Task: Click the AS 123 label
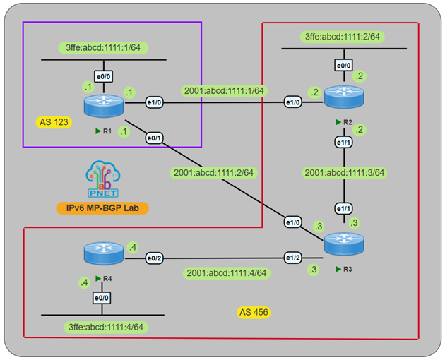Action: pos(54,122)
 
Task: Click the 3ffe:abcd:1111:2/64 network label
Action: pos(343,36)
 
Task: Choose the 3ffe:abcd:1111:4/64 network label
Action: pos(103,327)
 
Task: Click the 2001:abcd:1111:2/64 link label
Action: pos(213,172)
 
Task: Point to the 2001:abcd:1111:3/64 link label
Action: pos(344,172)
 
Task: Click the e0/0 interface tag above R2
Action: pos(343,64)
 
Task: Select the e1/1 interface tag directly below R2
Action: pos(344,143)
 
